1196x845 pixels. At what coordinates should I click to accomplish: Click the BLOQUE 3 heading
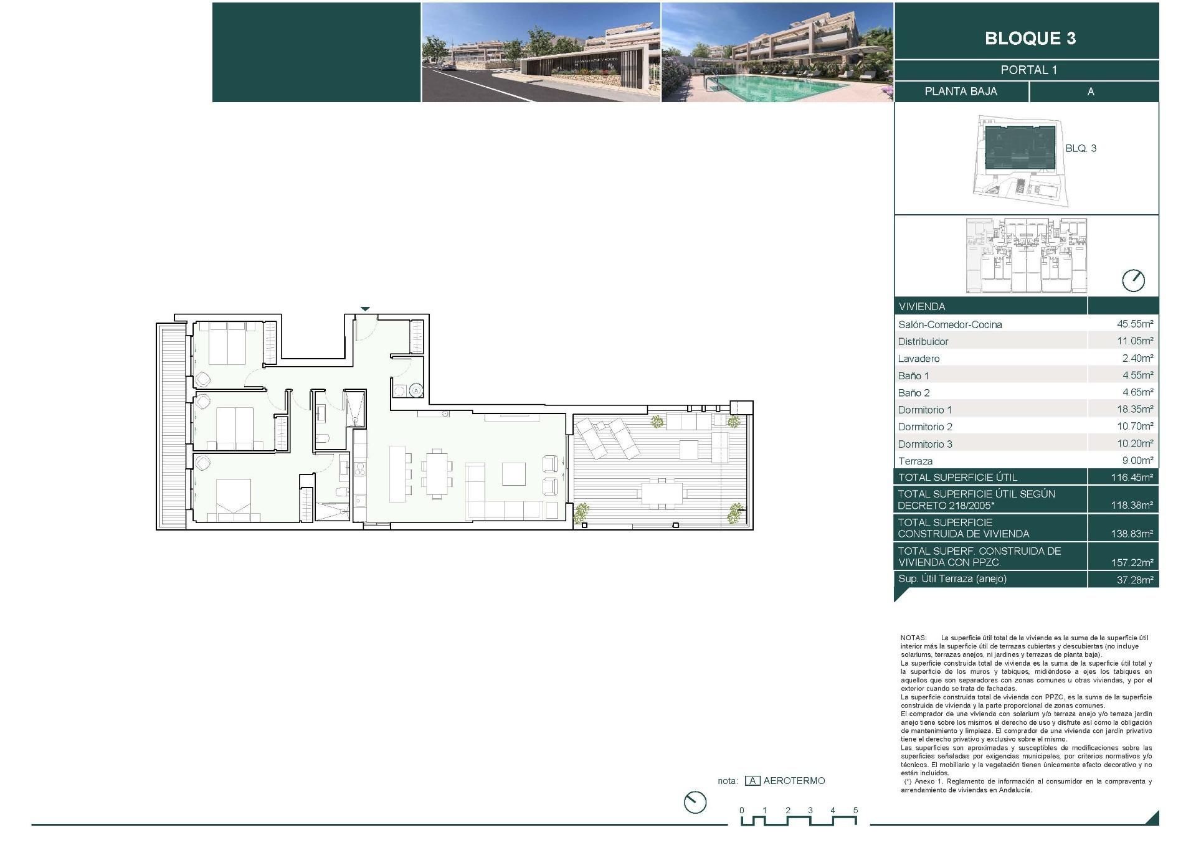click(x=1030, y=38)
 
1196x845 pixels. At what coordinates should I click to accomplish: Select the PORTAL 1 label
click(x=1028, y=70)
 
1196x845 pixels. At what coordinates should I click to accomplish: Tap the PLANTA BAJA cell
click(x=961, y=92)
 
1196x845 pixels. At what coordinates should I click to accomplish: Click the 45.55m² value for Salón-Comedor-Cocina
click(x=1135, y=324)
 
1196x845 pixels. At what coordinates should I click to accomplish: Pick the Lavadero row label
click(x=919, y=359)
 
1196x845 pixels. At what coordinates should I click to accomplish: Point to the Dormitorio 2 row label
click(x=925, y=427)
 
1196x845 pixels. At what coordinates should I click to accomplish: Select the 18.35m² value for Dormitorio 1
click(x=1135, y=409)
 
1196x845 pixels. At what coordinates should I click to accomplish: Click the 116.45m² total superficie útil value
click(x=1132, y=478)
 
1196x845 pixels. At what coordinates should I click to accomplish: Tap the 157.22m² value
click(x=1132, y=562)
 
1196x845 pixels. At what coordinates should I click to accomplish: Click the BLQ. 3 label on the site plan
click(x=1081, y=148)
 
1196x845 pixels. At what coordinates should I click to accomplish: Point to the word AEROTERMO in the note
click(x=794, y=781)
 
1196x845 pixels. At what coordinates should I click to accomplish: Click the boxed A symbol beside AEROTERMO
click(x=752, y=781)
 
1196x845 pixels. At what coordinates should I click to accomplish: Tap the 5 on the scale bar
click(x=855, y=810)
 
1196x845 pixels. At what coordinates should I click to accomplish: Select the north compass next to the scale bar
click(x=695, y=803)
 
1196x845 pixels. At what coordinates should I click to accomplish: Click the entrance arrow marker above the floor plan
click(x=366, y=309)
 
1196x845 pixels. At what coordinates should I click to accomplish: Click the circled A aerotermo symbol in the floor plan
click(x=416, y=390)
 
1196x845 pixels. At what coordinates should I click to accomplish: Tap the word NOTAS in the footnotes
click(x=913, y=638)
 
